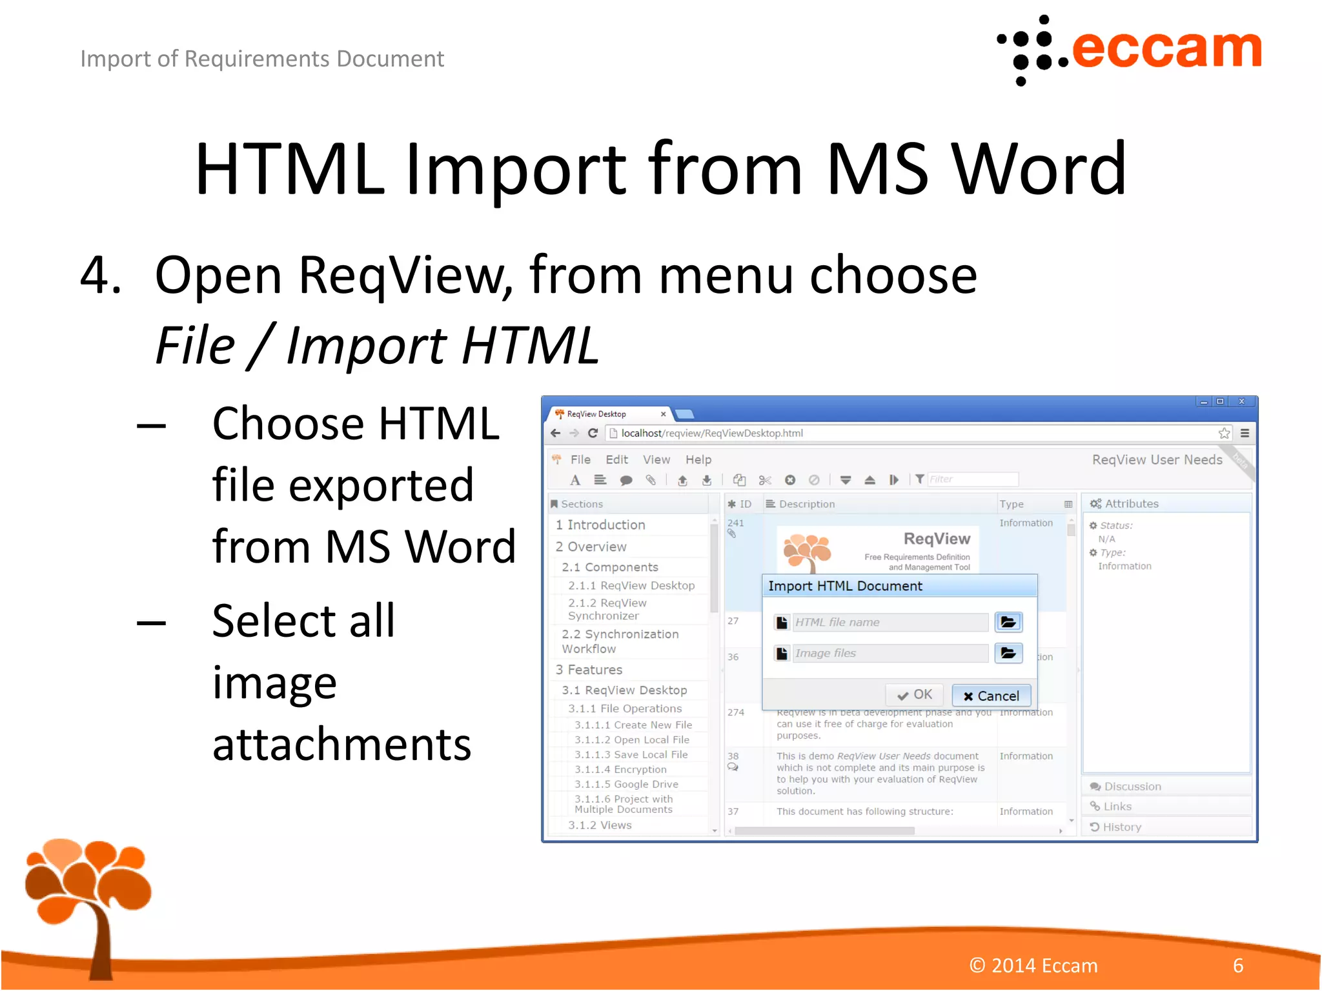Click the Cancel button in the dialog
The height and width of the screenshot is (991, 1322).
(991, 696)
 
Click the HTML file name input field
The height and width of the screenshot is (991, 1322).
(890, 622)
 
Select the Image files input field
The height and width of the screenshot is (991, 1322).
(890, 653)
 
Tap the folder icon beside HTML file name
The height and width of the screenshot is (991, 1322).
(1008, 622)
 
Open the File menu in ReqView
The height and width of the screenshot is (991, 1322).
(580, 459)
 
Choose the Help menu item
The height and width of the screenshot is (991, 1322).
(698, 459)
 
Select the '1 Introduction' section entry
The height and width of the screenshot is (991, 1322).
(600, 525)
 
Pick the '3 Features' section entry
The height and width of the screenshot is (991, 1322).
(589, 670)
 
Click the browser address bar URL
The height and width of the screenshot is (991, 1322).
(712, 433)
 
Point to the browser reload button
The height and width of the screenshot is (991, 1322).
(593, 433)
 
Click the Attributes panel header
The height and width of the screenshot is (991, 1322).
(1131, 503)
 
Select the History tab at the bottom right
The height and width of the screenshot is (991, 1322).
(1121, 826)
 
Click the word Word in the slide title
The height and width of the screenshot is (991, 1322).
(1039, 169)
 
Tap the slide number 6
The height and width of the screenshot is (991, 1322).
(1237, 965)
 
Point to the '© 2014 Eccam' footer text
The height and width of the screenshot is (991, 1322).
(1033, 965)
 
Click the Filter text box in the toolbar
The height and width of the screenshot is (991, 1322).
(972, 479)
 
